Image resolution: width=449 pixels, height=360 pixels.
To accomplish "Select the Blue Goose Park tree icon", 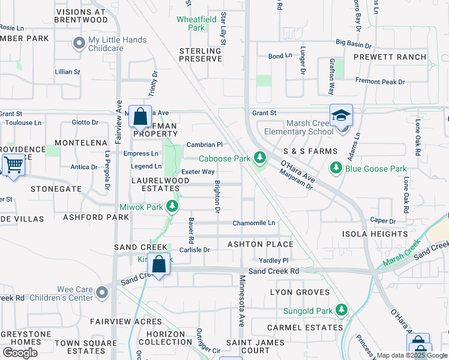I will pyautogui.click(x=336, y=169).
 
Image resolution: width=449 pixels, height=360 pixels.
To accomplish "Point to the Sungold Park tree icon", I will pyautogui.click(x=342, y=310).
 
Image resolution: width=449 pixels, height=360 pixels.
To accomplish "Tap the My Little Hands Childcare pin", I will pyautogui.click(x=78, y=43).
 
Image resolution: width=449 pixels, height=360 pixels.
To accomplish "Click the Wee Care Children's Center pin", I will pyautogui.click(x=101, y=293).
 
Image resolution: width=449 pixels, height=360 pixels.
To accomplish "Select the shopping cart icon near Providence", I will pyautogui.click(x=13, y=164).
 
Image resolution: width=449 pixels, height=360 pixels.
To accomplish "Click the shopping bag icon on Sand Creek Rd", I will pyautogui.click(x=158, y=264).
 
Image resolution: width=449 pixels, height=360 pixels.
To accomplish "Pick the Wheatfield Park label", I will pyautogui.click(x=199, y=23).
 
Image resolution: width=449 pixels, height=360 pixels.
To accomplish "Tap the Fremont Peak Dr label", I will pyautogui.click(x=396, y=82).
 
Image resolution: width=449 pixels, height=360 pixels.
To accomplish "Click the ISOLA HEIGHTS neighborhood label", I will pyautogui.click(x=375, y=233).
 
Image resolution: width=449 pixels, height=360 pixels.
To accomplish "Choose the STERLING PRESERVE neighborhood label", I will pyautogui.click(x=200, y=55).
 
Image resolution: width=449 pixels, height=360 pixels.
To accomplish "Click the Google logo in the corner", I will pyautogui.click(x=20, y=353).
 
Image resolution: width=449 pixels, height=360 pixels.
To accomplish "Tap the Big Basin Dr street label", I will pyautogui.click(x=354, y=43).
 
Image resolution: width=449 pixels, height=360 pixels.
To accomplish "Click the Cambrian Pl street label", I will pyautogui.click(x=205, y=145).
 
